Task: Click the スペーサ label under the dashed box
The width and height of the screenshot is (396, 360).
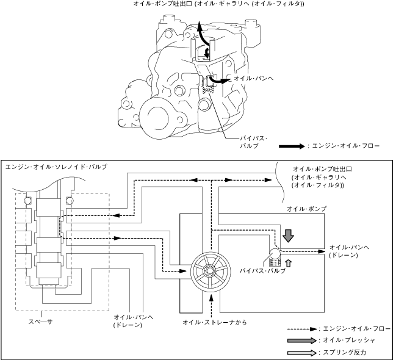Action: (40, 322)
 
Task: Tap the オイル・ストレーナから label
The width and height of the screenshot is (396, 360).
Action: (215, 322)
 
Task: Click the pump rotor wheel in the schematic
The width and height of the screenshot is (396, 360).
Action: (211, 272)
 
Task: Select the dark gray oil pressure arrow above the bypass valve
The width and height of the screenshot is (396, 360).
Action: (288, 236)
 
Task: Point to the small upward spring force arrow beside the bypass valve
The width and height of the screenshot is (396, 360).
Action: (288, 263)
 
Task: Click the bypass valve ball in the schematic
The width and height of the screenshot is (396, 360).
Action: (275, 253)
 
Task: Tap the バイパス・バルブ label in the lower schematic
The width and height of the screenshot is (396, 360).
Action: (262, 271)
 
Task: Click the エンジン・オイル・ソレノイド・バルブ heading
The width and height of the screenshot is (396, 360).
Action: (56, 167)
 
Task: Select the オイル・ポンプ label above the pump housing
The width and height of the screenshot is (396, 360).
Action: (306, 209)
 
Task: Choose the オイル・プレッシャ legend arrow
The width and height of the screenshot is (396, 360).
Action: (302, 340)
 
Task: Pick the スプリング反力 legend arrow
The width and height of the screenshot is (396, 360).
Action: (302, 353)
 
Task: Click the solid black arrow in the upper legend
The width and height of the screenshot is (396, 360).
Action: (292, 146)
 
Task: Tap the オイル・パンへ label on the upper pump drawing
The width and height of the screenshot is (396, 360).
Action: (254, 78)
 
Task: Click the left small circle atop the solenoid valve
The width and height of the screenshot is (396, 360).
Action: (28, 201)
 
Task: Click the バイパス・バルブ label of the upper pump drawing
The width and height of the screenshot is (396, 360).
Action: (253, 142)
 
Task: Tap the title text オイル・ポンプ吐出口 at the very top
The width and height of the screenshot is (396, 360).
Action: (164, 4)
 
